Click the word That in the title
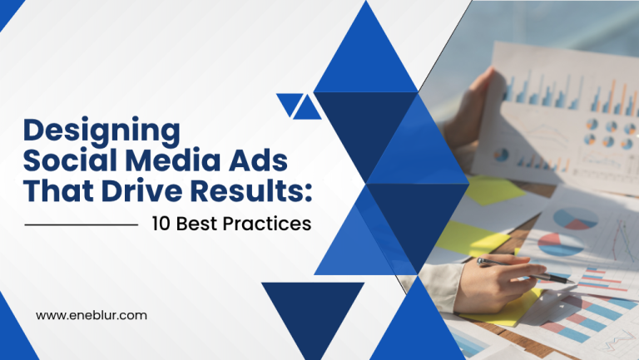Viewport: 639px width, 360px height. pyautogui.click(x=55, y=190)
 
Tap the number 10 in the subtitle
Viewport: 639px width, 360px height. pyautogui.click(x=161, y=224)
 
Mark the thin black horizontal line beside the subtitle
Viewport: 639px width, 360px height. pyautogui.click(x=82, y=224)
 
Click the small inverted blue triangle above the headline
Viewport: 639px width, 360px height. pyautogui.click(x=288, y=104)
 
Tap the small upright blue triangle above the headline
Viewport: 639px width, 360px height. pyautogui.click(x=307, y=107)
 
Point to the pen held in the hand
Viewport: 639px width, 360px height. pyautogui.click(x=524, y=270)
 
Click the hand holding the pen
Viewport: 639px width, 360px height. pyautogui.click(x=499, y=274)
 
